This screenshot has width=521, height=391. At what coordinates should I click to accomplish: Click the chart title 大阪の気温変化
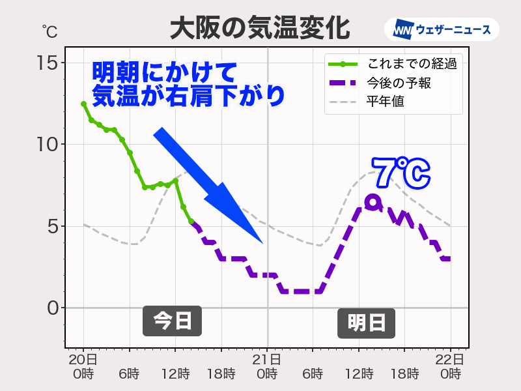260,28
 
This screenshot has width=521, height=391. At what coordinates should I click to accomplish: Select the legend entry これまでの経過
410,64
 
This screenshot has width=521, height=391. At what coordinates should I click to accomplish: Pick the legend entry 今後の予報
400,83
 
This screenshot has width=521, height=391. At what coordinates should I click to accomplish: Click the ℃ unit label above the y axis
49,30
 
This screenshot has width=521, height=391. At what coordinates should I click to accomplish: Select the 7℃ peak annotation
402,173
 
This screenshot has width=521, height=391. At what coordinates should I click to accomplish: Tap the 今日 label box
172,321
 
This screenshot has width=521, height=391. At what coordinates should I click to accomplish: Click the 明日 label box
366,323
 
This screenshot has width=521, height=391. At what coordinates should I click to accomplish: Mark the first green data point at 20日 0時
83,104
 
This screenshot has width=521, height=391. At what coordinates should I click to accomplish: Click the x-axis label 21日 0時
267,367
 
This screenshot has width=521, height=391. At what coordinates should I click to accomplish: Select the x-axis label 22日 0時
450,367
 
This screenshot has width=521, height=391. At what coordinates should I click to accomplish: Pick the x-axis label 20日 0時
83,367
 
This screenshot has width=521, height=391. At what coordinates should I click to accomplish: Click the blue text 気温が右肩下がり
188,95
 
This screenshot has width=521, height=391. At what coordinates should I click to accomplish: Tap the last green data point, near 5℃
191,221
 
